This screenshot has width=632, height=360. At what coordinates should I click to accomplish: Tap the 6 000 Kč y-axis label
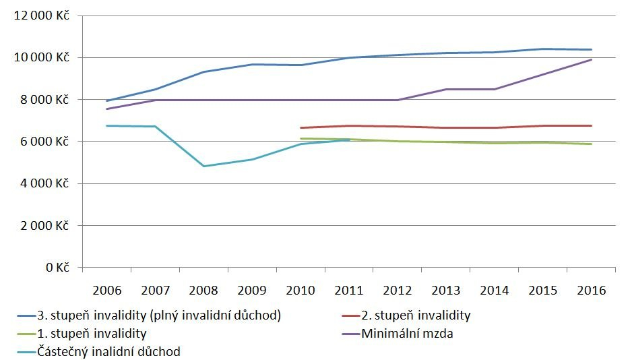point(41,142)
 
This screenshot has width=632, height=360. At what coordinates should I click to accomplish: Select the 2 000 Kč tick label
point(41,226)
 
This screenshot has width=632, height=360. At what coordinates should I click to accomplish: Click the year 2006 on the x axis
point(106,291)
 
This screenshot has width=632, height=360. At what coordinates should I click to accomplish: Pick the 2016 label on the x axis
point(592,291)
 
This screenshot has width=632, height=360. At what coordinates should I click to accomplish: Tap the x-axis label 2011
point(349,291)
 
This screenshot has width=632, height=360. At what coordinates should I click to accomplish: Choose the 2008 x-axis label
point(203,291)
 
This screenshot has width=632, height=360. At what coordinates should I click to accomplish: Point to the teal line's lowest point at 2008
point(203,166)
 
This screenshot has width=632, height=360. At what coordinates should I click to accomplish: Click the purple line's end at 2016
point(592,59)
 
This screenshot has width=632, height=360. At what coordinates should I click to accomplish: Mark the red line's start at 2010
point(301,127)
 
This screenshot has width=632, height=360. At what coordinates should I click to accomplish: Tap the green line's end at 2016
point(592,144)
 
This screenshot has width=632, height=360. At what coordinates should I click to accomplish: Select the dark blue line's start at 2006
point(106,101)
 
